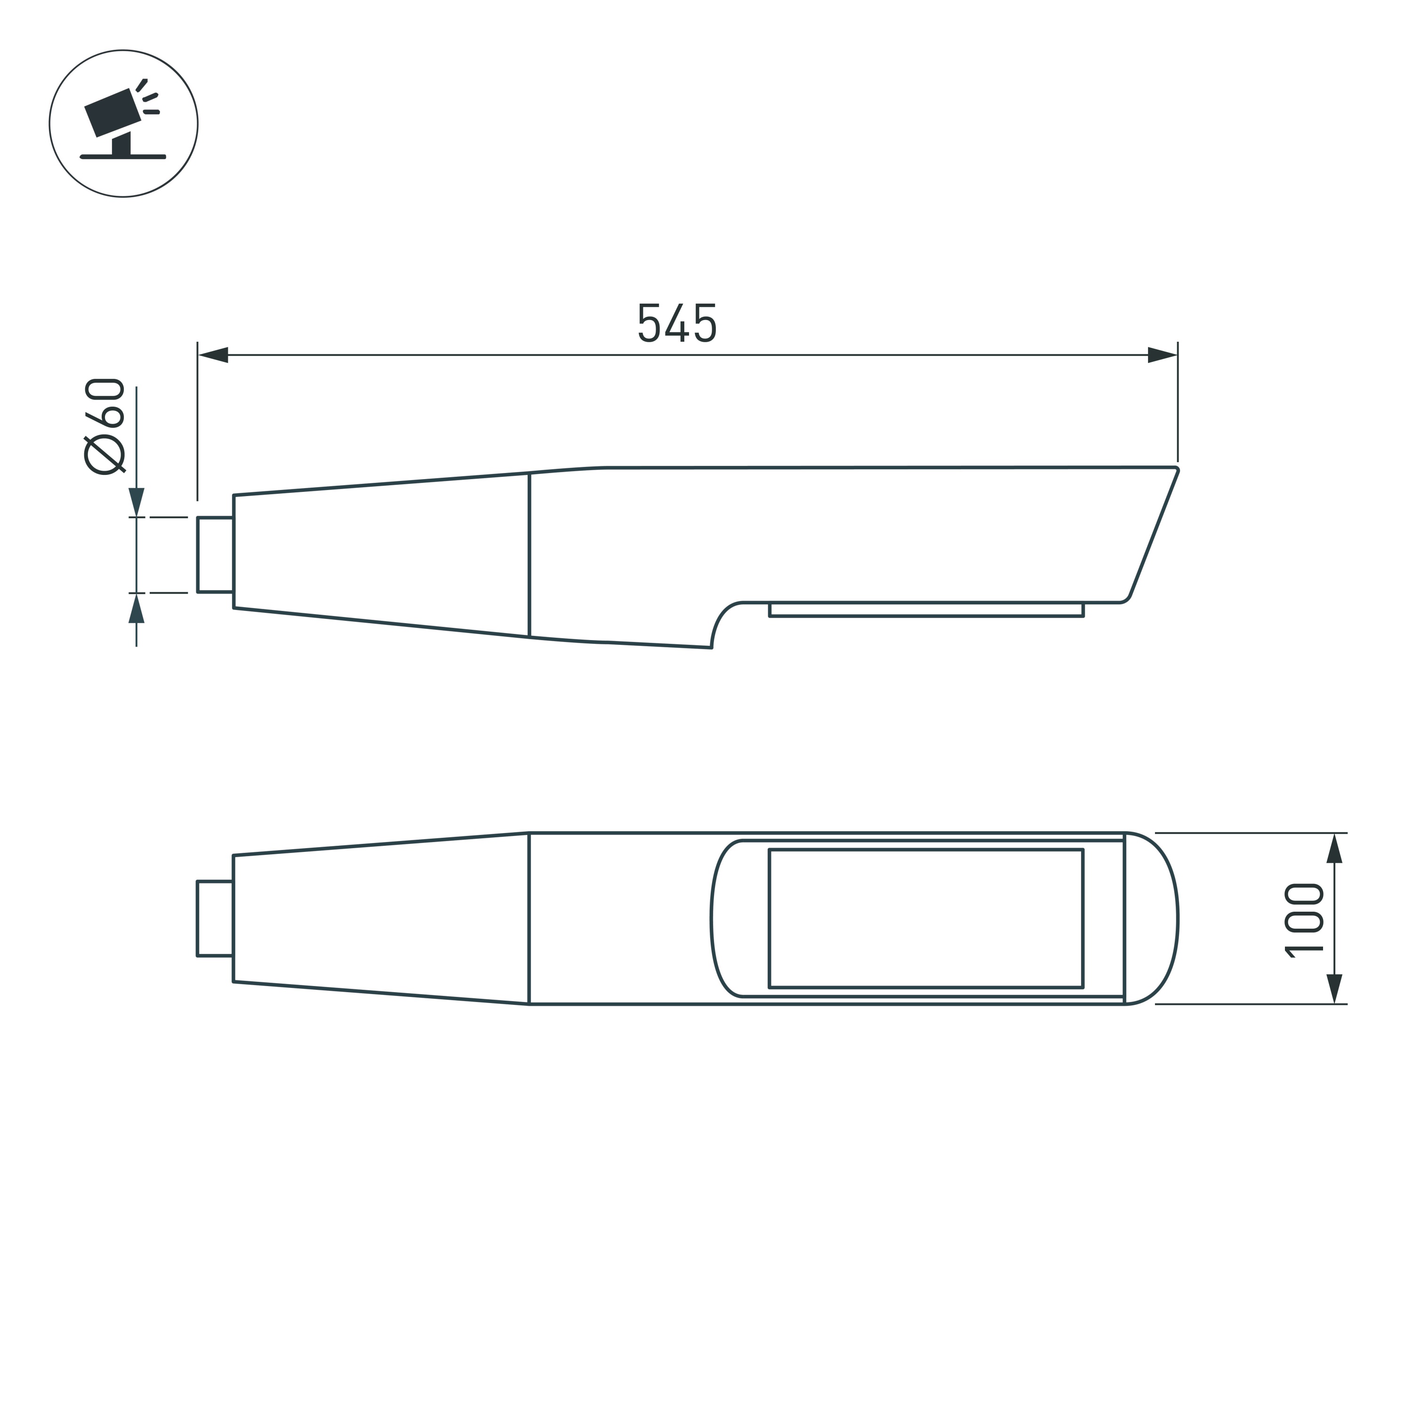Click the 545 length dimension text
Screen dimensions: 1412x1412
tap(677, 322)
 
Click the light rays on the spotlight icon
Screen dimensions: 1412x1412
tap(148, 98)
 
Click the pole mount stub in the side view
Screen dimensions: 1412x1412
tap(215, 555)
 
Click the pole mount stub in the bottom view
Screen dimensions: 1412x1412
tap(215, 919)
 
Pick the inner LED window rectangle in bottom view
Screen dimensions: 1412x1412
tap(925, 919)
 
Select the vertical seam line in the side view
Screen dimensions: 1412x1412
tap(529, 555)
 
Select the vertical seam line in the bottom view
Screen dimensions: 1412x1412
tap(529, 919)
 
